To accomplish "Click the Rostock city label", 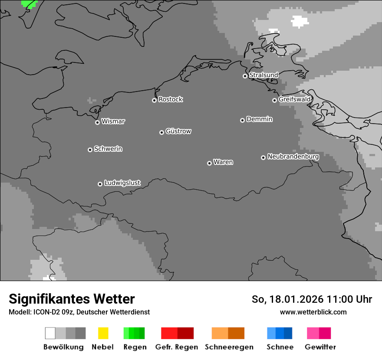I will point(170,99).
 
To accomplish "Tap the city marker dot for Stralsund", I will point(245,76).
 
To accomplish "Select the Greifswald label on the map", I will point(294,99).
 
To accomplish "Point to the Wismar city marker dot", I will point(97,122).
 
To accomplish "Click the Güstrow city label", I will point(178,131).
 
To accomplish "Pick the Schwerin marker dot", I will point(90,150).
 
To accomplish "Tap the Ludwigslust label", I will point(122,183).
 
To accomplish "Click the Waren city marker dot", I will point(209,163).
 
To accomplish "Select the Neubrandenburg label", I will point(293,157).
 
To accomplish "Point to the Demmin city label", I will point(259,119).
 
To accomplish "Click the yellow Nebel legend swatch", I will point(103,333).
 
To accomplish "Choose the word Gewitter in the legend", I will point(320,347).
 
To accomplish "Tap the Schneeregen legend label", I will point(229,347).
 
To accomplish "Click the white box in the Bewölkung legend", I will point(50,333).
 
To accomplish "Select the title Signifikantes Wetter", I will point(72,299).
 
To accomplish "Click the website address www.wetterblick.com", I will point(313,312).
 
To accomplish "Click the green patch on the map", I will point(30,3).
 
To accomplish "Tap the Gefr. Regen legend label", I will point(176,347).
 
